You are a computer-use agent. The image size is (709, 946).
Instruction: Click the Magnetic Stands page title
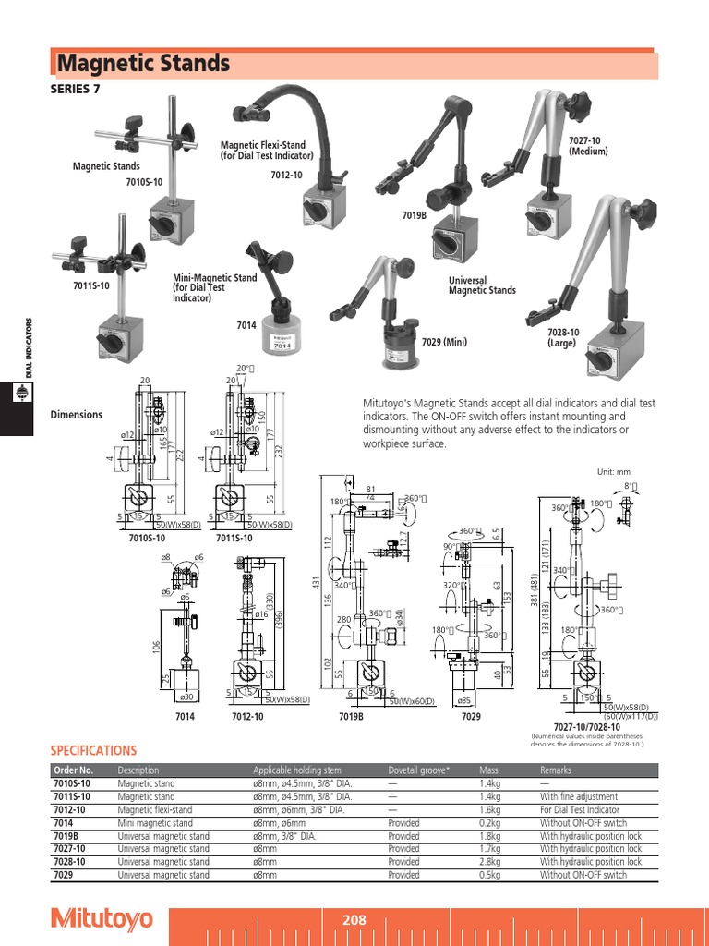[143, 64]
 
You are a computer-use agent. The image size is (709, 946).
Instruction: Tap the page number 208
[354, 919]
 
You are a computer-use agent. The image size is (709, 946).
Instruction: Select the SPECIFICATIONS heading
[92, 751]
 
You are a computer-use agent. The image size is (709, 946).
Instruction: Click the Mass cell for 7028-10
[489, 862]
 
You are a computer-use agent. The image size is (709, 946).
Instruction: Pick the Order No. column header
[74, 770]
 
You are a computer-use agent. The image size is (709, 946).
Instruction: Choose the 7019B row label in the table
[66, 836]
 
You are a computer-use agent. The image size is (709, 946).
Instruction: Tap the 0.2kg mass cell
[489, 823]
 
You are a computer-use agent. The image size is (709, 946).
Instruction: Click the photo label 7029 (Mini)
[444, 342]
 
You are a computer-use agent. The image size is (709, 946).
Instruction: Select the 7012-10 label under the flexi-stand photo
[286, 176]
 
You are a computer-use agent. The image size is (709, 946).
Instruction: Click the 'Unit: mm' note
[618, 471]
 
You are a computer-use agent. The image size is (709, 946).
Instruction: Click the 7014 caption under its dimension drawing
[186, 716]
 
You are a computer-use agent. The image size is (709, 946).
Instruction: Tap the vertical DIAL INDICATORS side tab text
[29, 348]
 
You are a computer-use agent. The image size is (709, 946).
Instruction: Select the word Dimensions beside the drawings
[76, 415]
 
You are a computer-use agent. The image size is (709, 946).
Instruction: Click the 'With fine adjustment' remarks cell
[579, 796]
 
